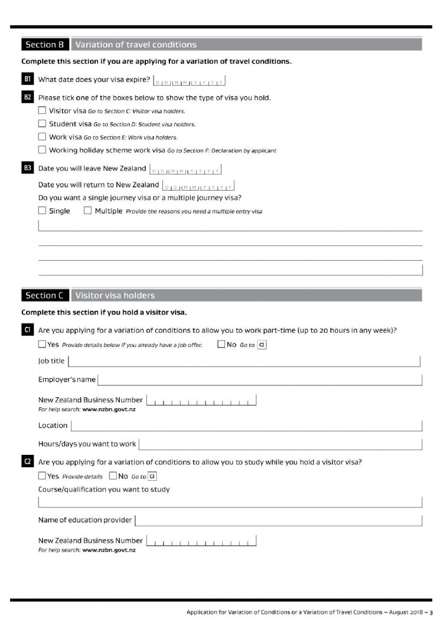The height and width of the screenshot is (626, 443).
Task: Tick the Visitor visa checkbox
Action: coord(42,110)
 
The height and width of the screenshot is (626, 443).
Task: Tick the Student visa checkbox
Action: coord(42,124)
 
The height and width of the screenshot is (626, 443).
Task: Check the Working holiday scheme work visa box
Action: coord(42,150)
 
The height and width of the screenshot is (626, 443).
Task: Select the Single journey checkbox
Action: coord(42,211)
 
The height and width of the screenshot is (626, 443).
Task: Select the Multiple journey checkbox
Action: coord(88,211)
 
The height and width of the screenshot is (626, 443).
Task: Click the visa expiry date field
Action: coord(189,81)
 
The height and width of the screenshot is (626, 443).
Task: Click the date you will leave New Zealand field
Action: coord(185,170)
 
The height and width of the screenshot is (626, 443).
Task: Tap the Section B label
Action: coord(45,45)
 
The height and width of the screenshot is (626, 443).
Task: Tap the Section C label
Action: coord(45,296)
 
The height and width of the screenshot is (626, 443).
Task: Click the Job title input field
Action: coord(244,361)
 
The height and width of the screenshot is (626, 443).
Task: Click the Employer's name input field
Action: coord(260,379)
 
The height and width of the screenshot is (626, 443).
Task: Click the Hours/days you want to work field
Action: coord(281,444)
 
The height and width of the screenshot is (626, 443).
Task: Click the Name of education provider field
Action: coord(278,520)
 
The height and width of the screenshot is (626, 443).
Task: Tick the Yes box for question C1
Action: coord(42,345)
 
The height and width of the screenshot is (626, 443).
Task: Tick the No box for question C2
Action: coord(113,476)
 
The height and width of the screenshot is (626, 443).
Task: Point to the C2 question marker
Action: coord(27,462)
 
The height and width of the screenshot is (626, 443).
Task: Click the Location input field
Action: coord(246,425)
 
